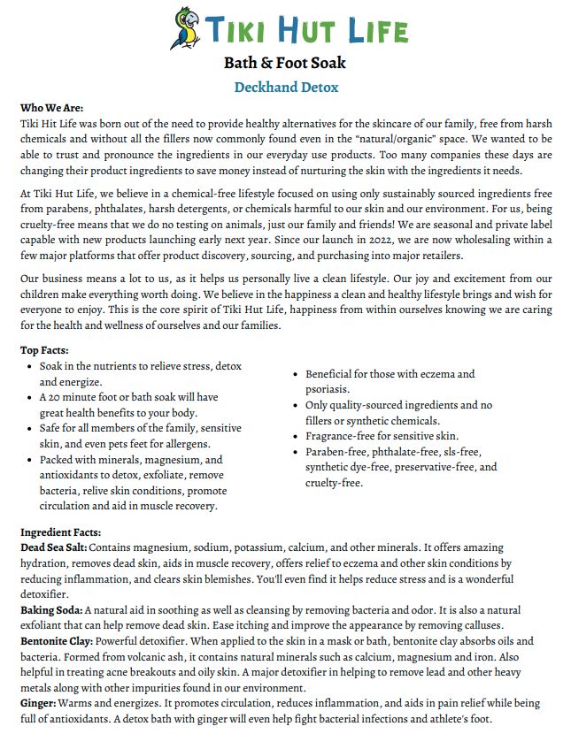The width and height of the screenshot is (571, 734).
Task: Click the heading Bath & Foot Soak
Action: [x=285, y=63]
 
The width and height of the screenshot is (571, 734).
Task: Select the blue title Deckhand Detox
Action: [x=286, y=87]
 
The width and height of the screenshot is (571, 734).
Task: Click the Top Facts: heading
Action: [x=47, y=349]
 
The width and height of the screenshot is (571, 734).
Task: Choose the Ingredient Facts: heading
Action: [x=60, y=532]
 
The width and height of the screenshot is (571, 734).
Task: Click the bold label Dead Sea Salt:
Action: [x=52, y=548]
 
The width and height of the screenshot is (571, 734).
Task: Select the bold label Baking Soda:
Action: [x=51, y=610]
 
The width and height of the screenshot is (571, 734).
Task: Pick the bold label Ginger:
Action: [x=38, y=703]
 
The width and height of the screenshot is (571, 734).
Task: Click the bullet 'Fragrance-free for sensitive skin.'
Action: [x=382, y=436]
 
